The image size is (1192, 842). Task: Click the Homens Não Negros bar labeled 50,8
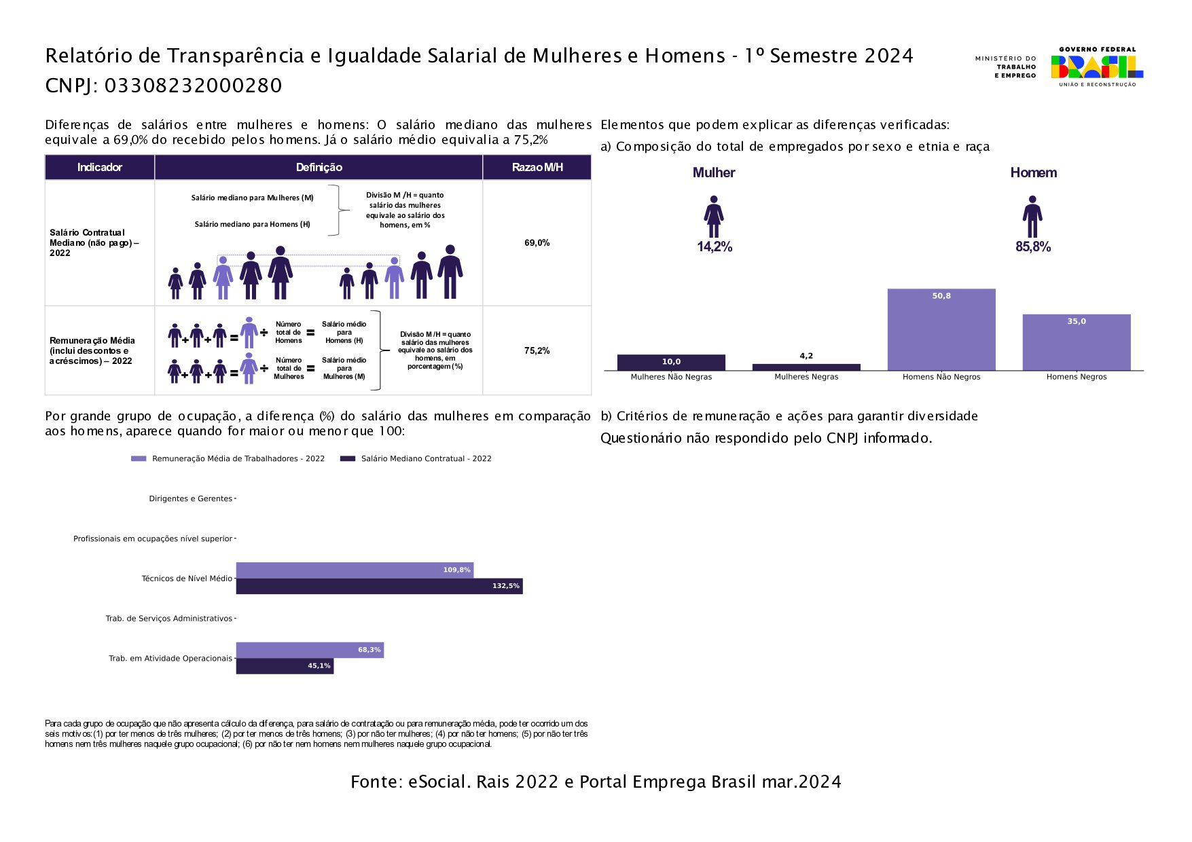(941, 330)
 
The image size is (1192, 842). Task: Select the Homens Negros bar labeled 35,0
(1076, 342)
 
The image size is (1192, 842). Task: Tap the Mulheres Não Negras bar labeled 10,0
(671, 363)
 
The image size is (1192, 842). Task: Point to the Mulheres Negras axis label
(806, 377)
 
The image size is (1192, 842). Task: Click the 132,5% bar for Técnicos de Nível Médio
(379, 586)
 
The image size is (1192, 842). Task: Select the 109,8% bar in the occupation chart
(355, 570)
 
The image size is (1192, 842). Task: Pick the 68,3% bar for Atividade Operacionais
(310, 650)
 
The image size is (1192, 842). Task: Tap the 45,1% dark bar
(285, 666)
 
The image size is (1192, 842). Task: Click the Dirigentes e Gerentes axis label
(190, 498)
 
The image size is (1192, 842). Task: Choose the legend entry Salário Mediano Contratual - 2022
(426, 459)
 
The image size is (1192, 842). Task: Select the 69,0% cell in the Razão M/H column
(537, 243)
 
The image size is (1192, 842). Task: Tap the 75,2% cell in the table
(537, 351)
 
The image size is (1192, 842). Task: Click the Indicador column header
(99, 167)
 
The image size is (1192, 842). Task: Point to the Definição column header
(319, 167)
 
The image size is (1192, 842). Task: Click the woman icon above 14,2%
(713, 217)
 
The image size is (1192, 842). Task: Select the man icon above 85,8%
(1032, 217)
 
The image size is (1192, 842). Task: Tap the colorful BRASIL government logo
(1096, 67)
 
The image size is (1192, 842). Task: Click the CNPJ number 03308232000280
(193, 86)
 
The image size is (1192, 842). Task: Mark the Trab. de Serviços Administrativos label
(168, 619)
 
